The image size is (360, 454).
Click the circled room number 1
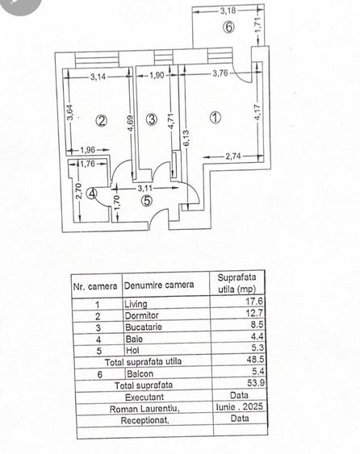coord(216,118)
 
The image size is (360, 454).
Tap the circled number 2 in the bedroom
coord(102,121)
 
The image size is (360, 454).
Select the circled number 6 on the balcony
coord(228,27)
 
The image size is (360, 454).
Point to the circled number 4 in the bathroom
coord(92,194)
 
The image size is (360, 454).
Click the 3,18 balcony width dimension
coord(228,11)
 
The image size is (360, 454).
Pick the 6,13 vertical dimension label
coord(186,138)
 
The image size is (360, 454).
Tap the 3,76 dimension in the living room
coord(220,73)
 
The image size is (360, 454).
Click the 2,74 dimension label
coord(233,156)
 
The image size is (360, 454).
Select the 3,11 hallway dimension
coord(144,188)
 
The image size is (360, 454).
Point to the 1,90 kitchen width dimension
coord(157,75)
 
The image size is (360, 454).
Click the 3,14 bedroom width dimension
coord(98,77)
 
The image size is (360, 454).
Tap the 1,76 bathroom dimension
coord(87,164)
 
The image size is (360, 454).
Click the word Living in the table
coord(136,304)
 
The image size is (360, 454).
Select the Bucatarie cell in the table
coord(144,327)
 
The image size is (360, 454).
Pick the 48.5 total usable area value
coord(255,360)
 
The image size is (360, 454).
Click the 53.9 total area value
coord(256,383)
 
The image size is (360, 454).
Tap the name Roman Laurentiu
coord(144,409)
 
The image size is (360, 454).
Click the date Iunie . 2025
coord(240,406)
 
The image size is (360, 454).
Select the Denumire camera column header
coord(159,285)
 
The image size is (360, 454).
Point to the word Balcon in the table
coord(140,373)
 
